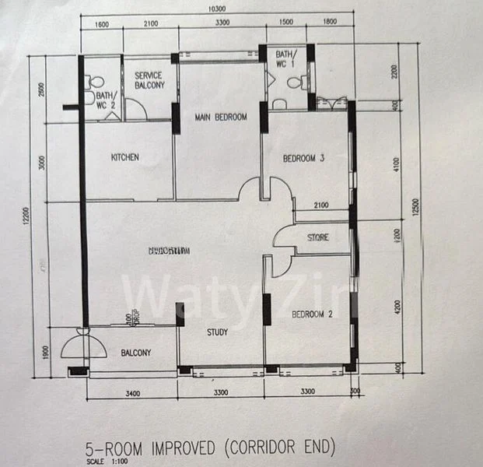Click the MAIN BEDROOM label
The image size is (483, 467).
pos(221,118)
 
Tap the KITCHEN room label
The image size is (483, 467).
pos(125,157)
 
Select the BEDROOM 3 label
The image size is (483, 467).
pos(303,159)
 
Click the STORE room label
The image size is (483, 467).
pos(317,237)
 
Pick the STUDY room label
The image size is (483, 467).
pos(217,332)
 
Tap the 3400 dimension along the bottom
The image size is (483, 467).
pos(132,393)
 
